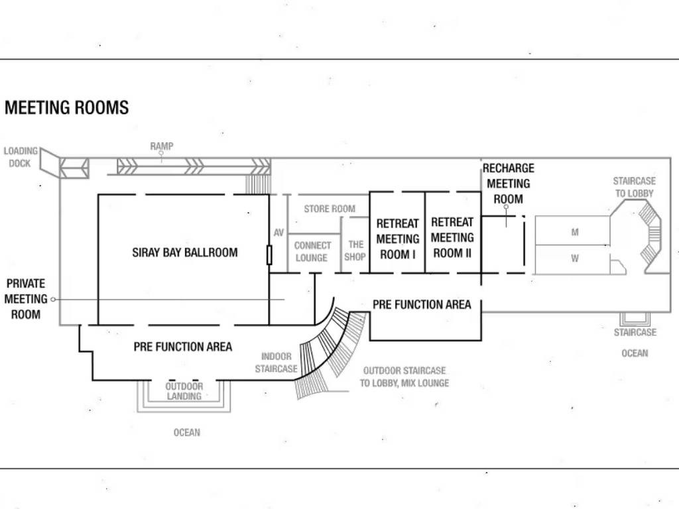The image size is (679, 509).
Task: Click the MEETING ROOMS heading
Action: click(x=66, y=107)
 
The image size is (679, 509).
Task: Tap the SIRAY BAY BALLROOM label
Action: click(x=184, y=253)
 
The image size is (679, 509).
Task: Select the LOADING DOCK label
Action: click(x=21, y=157)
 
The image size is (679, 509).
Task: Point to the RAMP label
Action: click(x=161, y=146)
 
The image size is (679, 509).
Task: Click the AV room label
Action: click(x=278, y=233)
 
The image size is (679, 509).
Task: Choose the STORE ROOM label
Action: click(x=330, y=209)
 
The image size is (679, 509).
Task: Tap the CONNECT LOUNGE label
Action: click(x=312, y=251)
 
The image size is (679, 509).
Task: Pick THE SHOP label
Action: click(x=355, y=251)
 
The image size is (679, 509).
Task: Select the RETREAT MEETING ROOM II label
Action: click(x=453, y=237)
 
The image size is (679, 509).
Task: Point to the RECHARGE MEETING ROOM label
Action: click(x=508, y=184)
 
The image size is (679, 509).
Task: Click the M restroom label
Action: click(x=574, y=233)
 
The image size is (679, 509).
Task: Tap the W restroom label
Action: click(x=574, y=259)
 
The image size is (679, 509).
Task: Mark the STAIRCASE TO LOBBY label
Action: click(x=634, y=187)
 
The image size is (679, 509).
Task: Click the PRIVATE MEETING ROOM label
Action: click(x=26, y=299)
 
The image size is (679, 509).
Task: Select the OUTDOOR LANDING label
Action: click(x=184, y=391)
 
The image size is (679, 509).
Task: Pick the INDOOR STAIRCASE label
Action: click(x=276, y=363)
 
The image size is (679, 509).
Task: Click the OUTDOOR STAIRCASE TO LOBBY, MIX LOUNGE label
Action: click(x=404, y=376)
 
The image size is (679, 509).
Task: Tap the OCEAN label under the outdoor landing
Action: click(x=186, y=432)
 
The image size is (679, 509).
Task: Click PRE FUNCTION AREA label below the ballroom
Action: click(x=183, y=347)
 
